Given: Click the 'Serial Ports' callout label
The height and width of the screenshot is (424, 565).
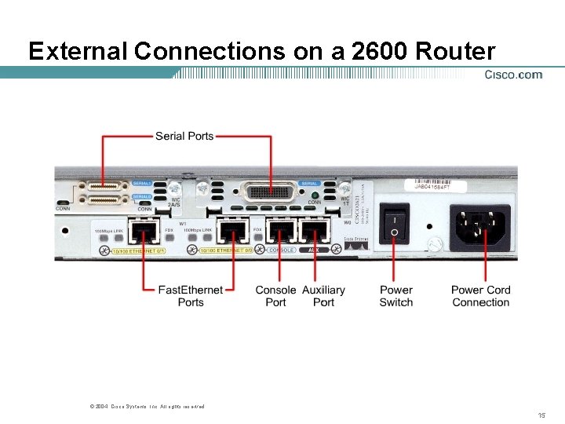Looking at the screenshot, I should click(x=184, y=136).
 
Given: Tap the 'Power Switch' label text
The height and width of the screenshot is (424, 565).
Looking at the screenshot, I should click(x=395, y=296).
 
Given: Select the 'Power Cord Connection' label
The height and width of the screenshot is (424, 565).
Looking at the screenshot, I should click(x=480, y=296).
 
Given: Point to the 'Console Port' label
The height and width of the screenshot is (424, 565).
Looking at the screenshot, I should click(x=275, y=296).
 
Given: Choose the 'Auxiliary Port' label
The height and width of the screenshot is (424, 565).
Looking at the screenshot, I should click(x=323, y=296).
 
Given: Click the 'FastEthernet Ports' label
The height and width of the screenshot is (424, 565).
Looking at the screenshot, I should click(x=191, y=296).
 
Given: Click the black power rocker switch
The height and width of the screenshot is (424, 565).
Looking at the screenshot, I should click(x=394, y=224).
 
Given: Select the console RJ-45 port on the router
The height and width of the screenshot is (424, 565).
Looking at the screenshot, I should click(x=280, y=232).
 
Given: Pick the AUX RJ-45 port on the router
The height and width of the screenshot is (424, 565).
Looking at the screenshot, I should click(x=314, y=232).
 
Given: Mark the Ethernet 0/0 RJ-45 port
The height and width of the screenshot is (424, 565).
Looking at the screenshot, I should click(x=234, y=232).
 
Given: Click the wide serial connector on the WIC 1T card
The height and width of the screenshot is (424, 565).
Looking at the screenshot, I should click(x=269, y=193).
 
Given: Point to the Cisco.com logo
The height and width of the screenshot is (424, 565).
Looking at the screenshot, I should click(x=513, y=75).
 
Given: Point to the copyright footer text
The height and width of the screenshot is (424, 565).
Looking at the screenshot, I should click(x=148, y=406).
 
